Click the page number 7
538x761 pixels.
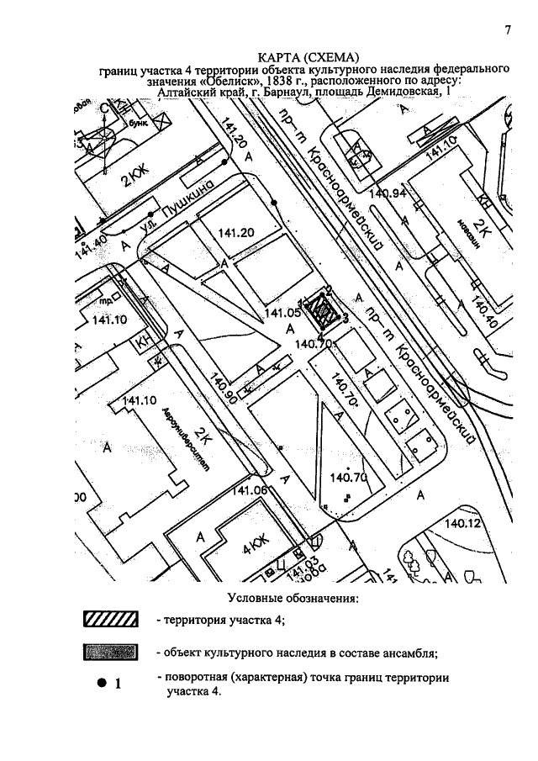pyautogui.click(x=508, y=31)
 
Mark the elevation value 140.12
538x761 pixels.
pyautogui.click(x=462, y=523)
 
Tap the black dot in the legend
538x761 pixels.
pyautogui.click(x=99, y=683)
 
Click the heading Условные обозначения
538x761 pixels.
pyautogui.click(x=293, y=599)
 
